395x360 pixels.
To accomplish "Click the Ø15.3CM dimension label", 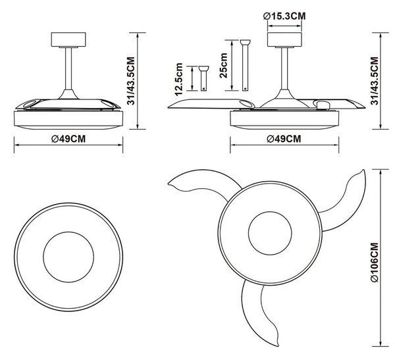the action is [284, 16].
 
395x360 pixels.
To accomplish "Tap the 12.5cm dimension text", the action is [178, 80].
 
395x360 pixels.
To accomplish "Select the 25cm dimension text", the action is [223, 65].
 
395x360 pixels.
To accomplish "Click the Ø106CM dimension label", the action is [375, 262].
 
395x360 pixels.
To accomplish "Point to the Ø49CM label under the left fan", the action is [68, 139].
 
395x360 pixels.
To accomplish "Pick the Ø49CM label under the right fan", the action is [284, 139].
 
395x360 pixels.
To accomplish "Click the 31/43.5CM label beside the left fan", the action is [131, 80].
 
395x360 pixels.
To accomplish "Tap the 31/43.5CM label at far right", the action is [375, 80].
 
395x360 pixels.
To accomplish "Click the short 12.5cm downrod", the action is [203, 78].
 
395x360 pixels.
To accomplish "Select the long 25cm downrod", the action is [245, 65].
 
